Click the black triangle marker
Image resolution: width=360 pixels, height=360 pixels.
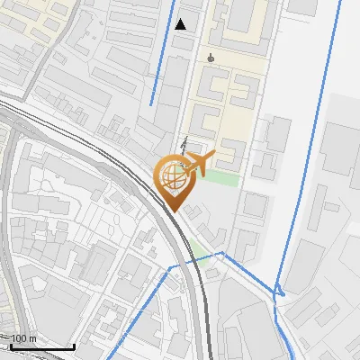click(x=181, y=24)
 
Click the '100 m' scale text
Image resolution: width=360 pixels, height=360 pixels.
click(x=23, y=339)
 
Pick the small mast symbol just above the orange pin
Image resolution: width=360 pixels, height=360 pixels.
click(x=184, y=141)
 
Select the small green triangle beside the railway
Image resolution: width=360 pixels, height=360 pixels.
click(x=195, y=247)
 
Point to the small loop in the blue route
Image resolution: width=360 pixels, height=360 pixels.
click(x=280, y=290)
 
